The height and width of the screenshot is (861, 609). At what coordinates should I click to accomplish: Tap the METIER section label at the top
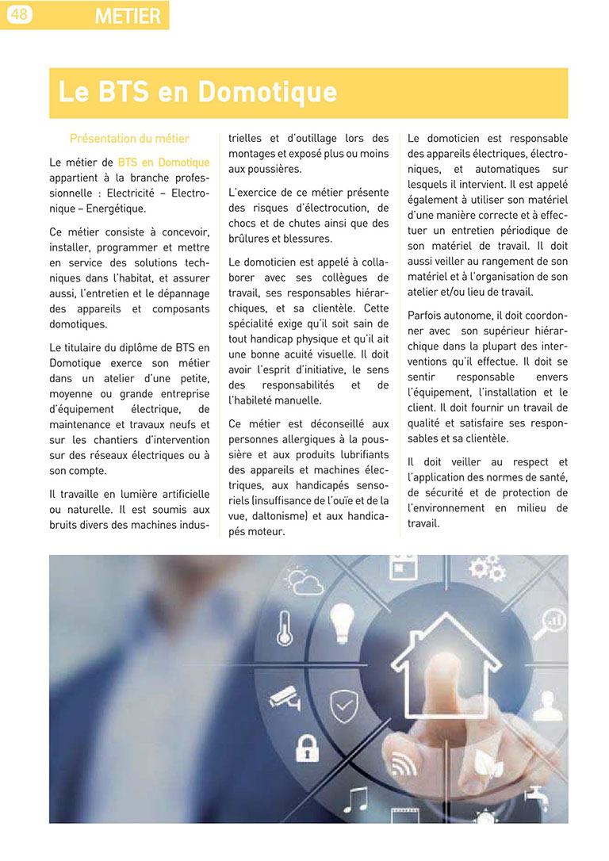point(127,15)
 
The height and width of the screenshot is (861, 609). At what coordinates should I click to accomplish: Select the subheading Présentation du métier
point(129,139)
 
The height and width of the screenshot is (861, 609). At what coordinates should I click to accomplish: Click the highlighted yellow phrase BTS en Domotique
point(163,163)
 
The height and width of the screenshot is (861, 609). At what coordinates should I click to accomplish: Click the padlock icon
point(305,746)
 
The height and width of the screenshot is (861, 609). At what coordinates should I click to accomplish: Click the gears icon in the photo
point(486,568)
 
